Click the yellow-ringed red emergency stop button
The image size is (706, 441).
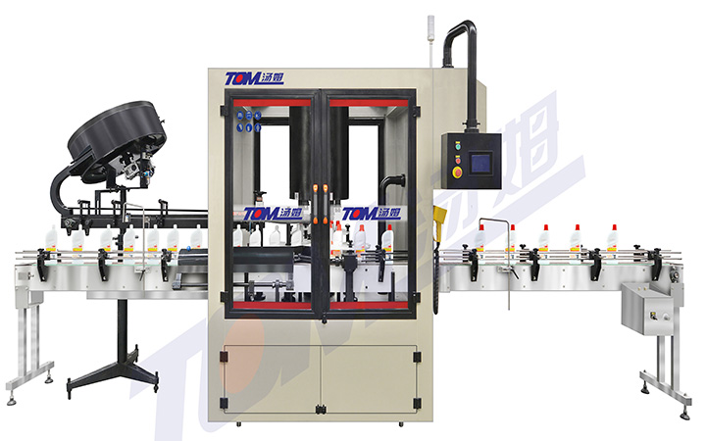click(x=457, y=171)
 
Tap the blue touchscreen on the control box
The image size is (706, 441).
click(x=480, y=164)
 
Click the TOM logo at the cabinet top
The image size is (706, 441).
click(x=254, y=78)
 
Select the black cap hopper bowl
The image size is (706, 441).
click(x=117, y=135)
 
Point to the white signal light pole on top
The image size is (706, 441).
click(x=430, y=40)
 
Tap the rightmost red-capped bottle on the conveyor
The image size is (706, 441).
click(x=612, y=237)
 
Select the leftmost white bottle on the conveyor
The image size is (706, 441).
click(x=51, y=238)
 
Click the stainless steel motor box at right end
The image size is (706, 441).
click(x=648, y=309)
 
